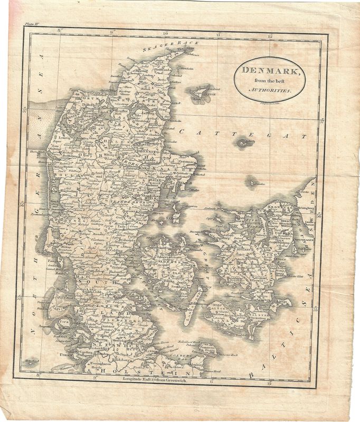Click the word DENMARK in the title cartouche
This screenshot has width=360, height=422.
click(x=268, y=72)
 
